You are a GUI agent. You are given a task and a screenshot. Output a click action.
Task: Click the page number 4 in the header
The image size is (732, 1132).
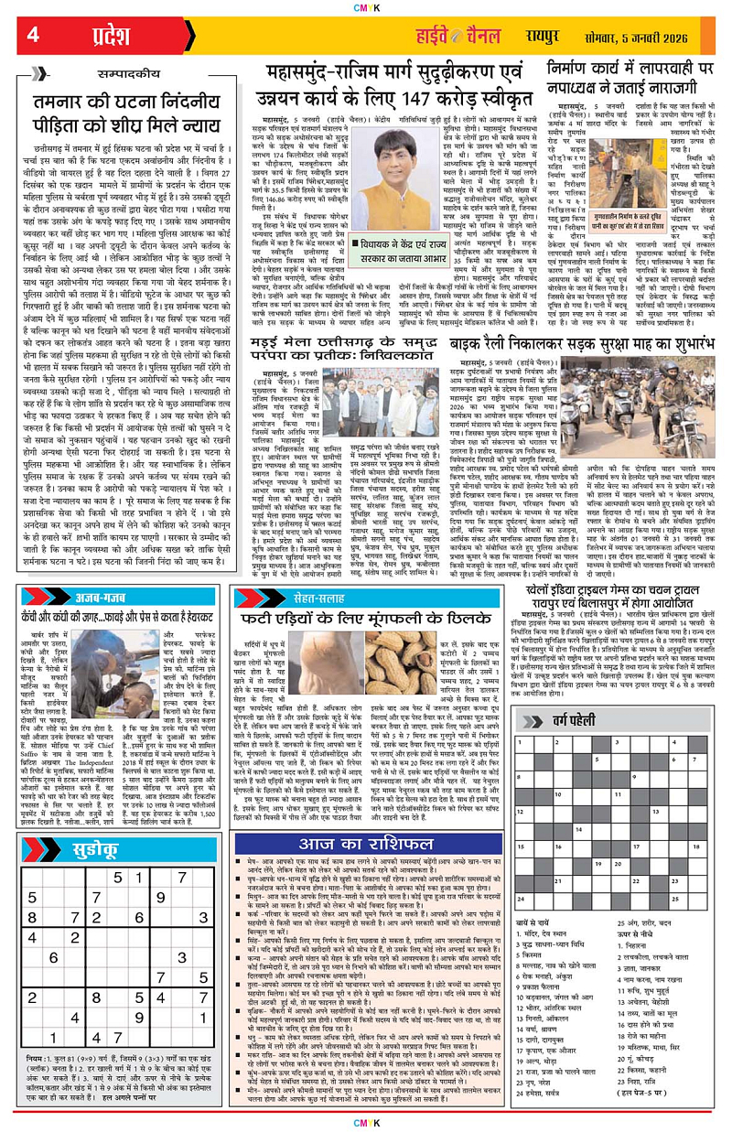coord(34,36)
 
